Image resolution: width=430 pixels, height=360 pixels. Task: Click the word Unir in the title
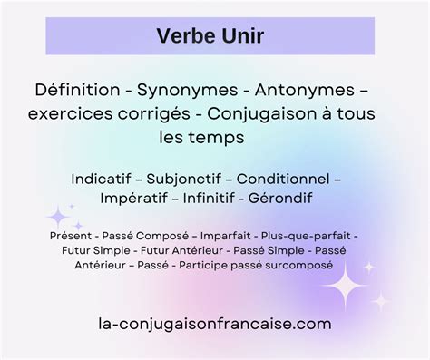(239, 37)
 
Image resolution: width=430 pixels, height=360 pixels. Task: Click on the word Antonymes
(313, 92)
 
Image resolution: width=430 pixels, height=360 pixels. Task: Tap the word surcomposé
(305, 267)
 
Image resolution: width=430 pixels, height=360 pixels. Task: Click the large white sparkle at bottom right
(348, 290)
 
